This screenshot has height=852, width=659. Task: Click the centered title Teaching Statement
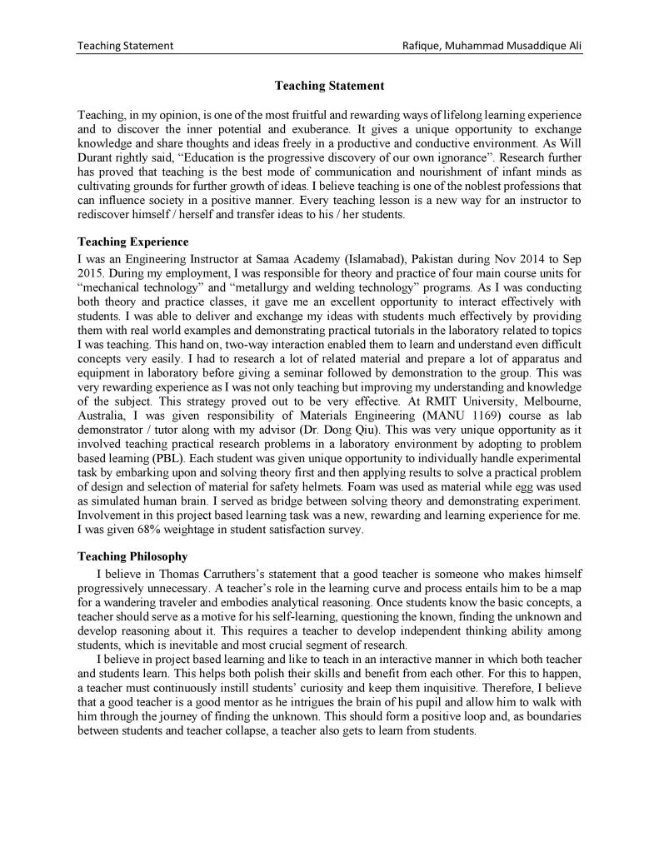tap(329, 86)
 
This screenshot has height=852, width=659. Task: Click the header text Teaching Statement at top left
tap(125, 45)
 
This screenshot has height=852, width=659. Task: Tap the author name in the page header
tap(492, 45)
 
